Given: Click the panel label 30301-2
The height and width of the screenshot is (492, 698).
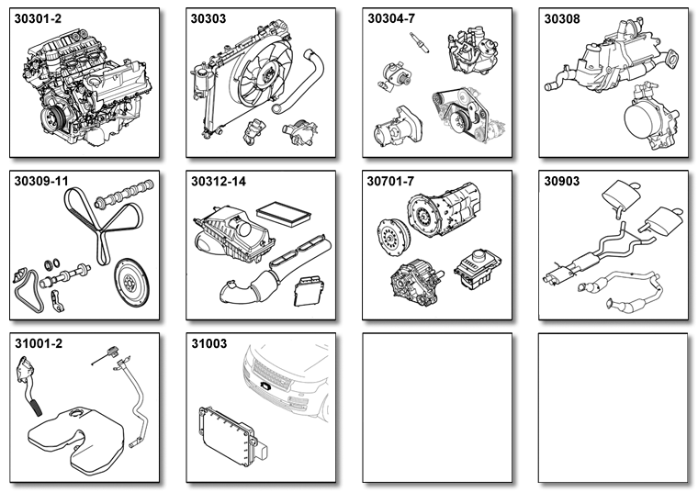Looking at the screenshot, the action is (x=38, y=18).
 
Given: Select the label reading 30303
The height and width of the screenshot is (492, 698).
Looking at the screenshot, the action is (x=208, y=18).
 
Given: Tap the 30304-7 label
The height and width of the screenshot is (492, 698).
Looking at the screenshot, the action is (x=391, y=18).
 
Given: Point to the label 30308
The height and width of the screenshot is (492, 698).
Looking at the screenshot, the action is (x=562, y=18).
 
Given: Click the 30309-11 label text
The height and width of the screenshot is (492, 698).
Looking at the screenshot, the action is (x=41, y=182).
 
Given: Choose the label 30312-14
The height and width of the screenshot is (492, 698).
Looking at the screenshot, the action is (x=219, y=182).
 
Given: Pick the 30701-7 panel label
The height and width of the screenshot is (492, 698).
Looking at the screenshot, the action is (x=390, y=182).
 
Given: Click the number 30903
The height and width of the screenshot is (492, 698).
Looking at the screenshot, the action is (x=562, y=182).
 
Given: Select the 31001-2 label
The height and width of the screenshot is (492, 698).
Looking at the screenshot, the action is (x=39, y=344).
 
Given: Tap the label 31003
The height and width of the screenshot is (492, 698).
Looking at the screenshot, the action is (x=209, y=344).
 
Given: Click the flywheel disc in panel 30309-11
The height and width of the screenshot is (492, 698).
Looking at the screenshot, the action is (x=131, y=284).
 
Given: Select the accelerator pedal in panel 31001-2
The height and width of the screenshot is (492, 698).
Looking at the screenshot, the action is (x=29, y=385).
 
